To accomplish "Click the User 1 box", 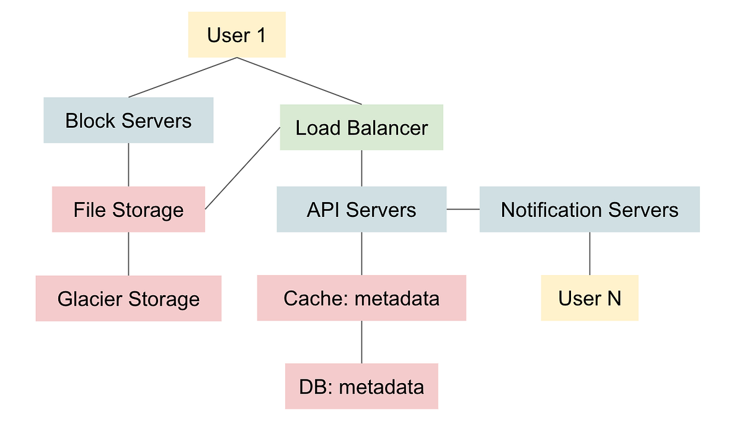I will click(x=237, y=35).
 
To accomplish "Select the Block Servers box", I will click(x=128, y=120).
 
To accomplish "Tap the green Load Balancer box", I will click(x=361, y=128).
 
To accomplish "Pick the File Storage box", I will click(x=128, y=210).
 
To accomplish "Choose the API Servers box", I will click(x=361, y=210).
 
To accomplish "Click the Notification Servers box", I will click(x=589, y=210).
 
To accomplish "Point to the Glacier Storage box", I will click(x=128, y=299).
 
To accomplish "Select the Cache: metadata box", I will click(x=361, y=298).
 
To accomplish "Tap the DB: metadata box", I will click(x=361, y=387).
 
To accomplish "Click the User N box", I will click(x=589, y=298).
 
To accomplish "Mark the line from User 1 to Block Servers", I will click(x=183, y=77).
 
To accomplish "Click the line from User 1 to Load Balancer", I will click(x=299, y=81).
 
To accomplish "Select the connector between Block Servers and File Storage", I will click(x=128, y=165).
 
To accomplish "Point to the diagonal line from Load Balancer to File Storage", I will click(x=242, y=168).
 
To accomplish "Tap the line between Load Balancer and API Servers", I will click(x=361, y=168).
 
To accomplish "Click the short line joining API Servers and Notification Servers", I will click(x=463, y=210).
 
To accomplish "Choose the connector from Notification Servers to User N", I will click(x=589, y=254).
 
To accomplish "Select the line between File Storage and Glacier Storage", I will click(x=128, y=254).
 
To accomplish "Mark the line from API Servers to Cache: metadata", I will click(x=361, y=254).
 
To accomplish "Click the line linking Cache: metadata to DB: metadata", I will click(x=361, y=342).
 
